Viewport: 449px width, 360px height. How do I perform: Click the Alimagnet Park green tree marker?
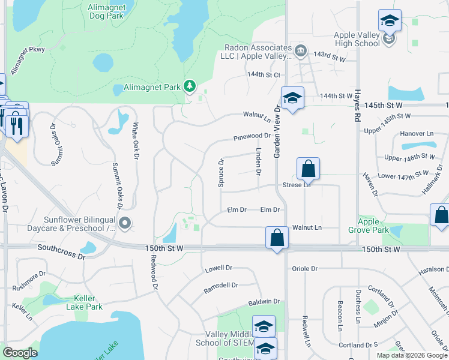click(190, 86)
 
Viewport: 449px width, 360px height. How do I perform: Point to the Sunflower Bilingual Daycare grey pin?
click(125, 223)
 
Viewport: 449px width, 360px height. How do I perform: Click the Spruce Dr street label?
click(221, 173)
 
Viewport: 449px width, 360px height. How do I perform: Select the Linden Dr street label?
click(259, 161)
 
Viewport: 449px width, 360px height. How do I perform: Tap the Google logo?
click(20, 353)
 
